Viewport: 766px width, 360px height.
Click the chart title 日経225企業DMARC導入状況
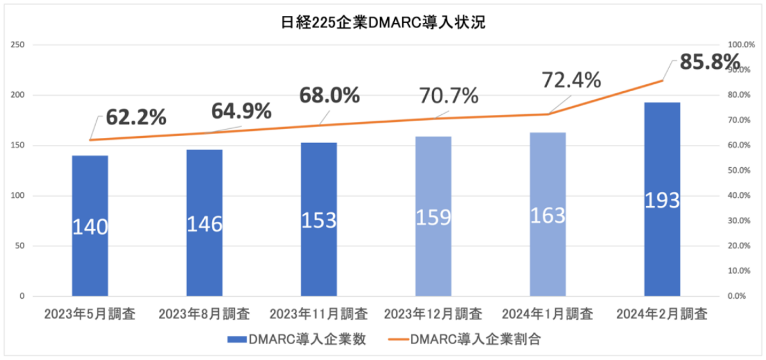coord(383,24)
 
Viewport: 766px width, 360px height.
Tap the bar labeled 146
coord(204,223)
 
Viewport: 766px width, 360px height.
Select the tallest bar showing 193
coord(662,199)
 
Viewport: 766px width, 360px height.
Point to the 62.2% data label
coord(136,117)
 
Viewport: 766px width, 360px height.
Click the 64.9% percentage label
coord(241,110)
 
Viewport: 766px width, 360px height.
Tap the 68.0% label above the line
coord(330,95)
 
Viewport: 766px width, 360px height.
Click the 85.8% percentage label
coord(709,63)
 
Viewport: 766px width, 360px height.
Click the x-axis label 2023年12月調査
coord(433,314)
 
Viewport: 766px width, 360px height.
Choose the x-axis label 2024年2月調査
coord(662,314)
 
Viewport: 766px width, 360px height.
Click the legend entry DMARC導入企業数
coord(297,340)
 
